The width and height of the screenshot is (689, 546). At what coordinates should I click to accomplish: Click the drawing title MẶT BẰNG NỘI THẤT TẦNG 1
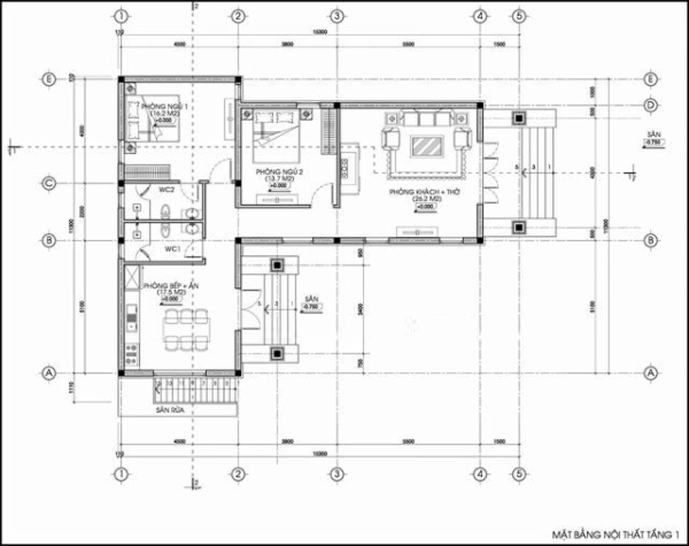point(616,531)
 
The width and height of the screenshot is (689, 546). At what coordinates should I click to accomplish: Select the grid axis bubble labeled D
point(651,104)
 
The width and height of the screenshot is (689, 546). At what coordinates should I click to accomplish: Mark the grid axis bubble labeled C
point(49,183)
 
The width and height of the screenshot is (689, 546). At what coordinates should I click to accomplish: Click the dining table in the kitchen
point(186,329)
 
